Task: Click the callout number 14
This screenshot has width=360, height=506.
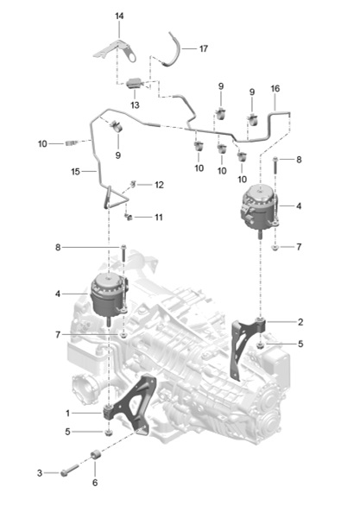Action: [x=119, y=16]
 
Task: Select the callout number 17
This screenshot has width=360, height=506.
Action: [x=203, y=48]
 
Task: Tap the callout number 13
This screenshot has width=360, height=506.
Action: [x=135, y=104]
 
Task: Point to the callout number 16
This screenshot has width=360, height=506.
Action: [x=275, y=88]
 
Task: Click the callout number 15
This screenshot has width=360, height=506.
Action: [x=75, y=172]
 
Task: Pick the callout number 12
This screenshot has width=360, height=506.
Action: [x=160, y=185]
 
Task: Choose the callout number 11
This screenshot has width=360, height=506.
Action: [x=158, y=218]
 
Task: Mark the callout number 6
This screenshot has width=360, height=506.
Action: [x=95, y=483]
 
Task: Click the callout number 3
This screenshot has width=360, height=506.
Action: [x=40, y=473]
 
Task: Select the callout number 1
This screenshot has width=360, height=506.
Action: [x=67, y=413]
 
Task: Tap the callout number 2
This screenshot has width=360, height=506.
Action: [x=300, y=322]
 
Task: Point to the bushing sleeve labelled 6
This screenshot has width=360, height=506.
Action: [x=96, y=455]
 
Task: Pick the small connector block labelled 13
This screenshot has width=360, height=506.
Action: [x=134, y=83]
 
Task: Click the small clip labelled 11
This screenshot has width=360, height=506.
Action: [x=129, y=218]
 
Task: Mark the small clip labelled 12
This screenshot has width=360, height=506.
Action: [x=133, y=185]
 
